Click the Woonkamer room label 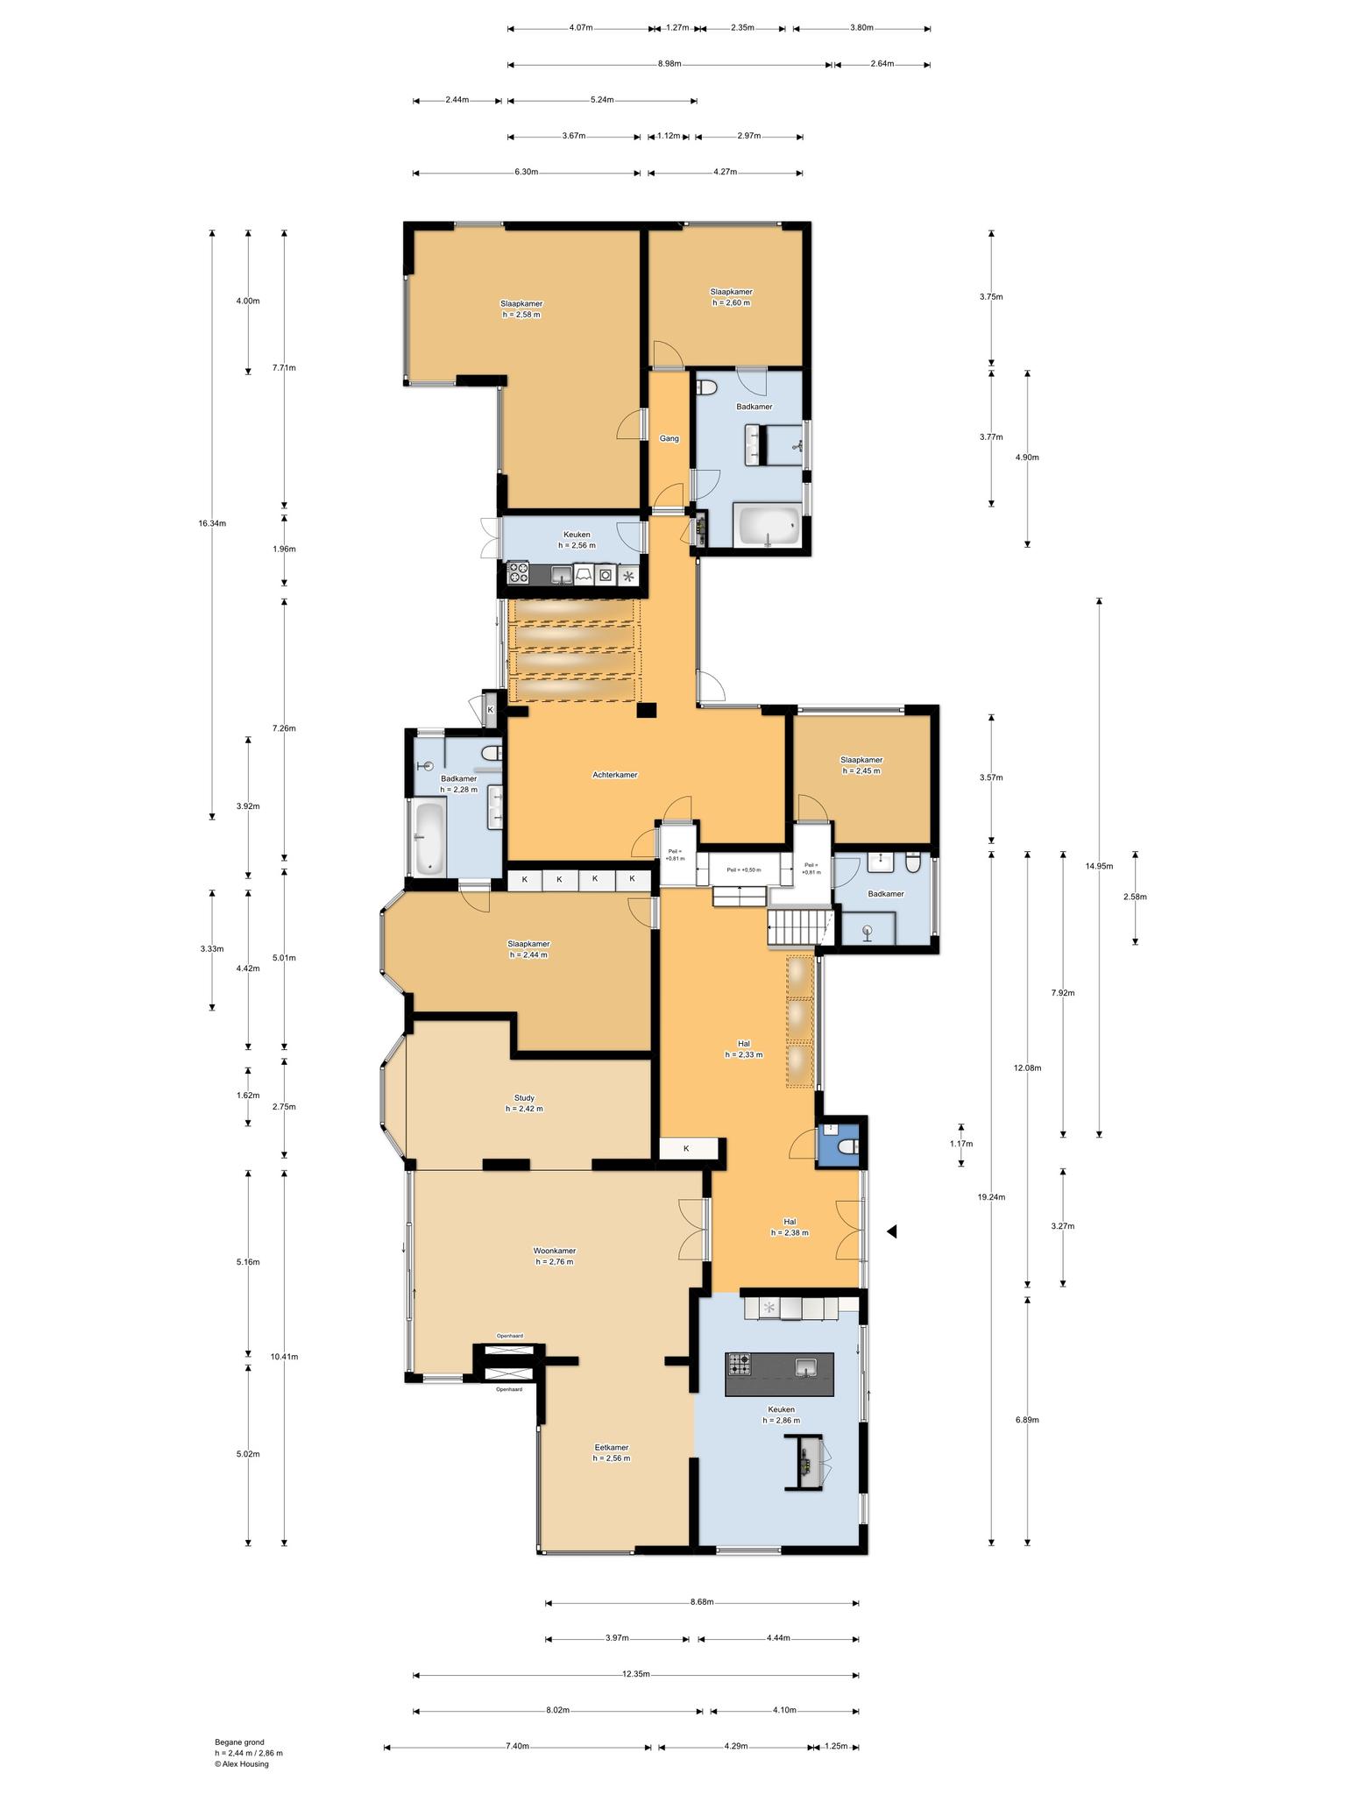point(555,1251)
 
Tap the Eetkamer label point(612,1447)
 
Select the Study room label point(524,1097)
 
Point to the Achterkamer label point(615,775)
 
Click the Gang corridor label point(669,438)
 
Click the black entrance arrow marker point(891,1231)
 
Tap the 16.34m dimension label point(212,523)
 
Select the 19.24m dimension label point(991,1196)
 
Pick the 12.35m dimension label point(636,1673)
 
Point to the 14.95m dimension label point(1099,866)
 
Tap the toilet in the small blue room point(847,1147)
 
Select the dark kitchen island point(779,1374)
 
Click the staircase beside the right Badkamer point(799,927)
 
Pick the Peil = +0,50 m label point(744,870)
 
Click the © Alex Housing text point(242,1764)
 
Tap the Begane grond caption point(239,1742)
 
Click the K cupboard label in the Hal point(686,1148)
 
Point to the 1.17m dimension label point(961,1144)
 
